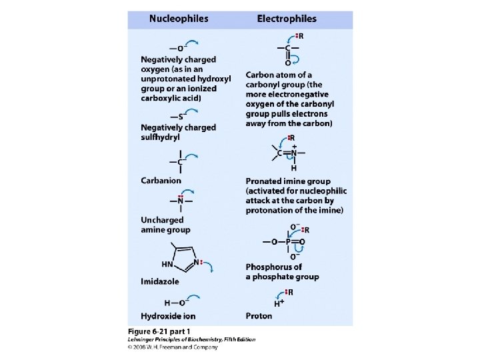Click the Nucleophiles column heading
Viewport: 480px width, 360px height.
tap(178, 19)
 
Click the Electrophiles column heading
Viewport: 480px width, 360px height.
tap(287, 19)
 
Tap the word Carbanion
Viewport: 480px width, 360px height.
tap(161, 180)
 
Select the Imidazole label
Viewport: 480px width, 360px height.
tap(160, 281)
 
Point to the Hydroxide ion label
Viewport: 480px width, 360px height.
tap(168, 315)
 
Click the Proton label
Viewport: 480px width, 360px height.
tap(259, 315)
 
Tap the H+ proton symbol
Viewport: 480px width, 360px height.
tap(278, 303)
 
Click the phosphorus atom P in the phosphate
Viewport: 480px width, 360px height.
tap(289, 241)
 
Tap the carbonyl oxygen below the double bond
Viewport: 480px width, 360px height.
tap(287, 63)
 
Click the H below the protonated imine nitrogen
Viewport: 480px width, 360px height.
tap(293, 168)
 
